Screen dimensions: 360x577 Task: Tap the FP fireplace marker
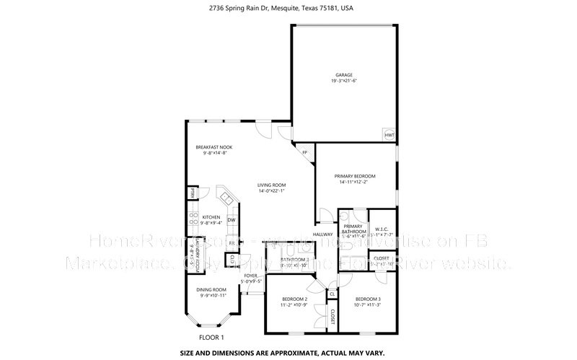pyautogui.click(x=304, y=152)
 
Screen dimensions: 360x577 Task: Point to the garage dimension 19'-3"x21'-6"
pyautogui.click(x=344, y=81)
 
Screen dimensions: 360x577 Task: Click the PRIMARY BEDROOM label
pyautogui.click(x=354, y=176)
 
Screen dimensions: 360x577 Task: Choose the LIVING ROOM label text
pyautogui.click(x=272, y=185)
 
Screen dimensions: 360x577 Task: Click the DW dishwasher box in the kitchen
pyautogui.click(x=232, y=220)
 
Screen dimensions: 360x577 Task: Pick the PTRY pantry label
pyautogui.click(x=193, y=193)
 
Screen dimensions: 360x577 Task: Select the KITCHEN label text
pyautogui.click(x=211, y=216)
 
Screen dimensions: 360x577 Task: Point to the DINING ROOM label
pyautogui.click(x=212, y=289)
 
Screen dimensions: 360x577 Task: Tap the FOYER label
pyautogui.click(x=251, y=275)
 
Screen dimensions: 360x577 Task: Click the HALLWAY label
pyautogui.click(x=322, y=234)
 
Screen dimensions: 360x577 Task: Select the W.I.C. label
pyautogui.click(x=381, y=228)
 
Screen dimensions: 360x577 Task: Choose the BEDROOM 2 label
pyautogui.click(x=294, y=299)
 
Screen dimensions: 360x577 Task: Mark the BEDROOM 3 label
pyautogui.click(x=368, y=299)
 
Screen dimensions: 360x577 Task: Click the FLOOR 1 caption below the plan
pyautogui.click(x=212, y=337)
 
